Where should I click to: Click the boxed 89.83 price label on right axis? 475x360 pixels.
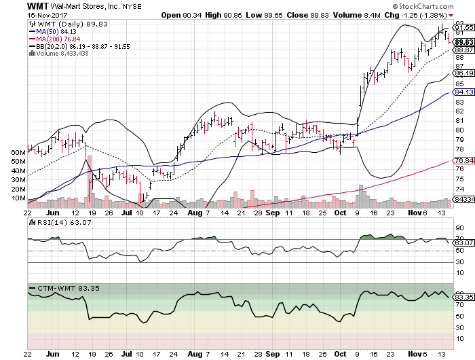point(463,41)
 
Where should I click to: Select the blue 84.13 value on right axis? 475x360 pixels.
point(463,92)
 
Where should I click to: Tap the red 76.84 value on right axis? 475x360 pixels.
point(463,160)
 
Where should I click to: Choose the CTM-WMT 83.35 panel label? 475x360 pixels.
point(59,288)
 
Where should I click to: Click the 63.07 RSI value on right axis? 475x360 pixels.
point(463,242)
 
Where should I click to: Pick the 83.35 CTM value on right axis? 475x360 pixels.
point(463,297)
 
